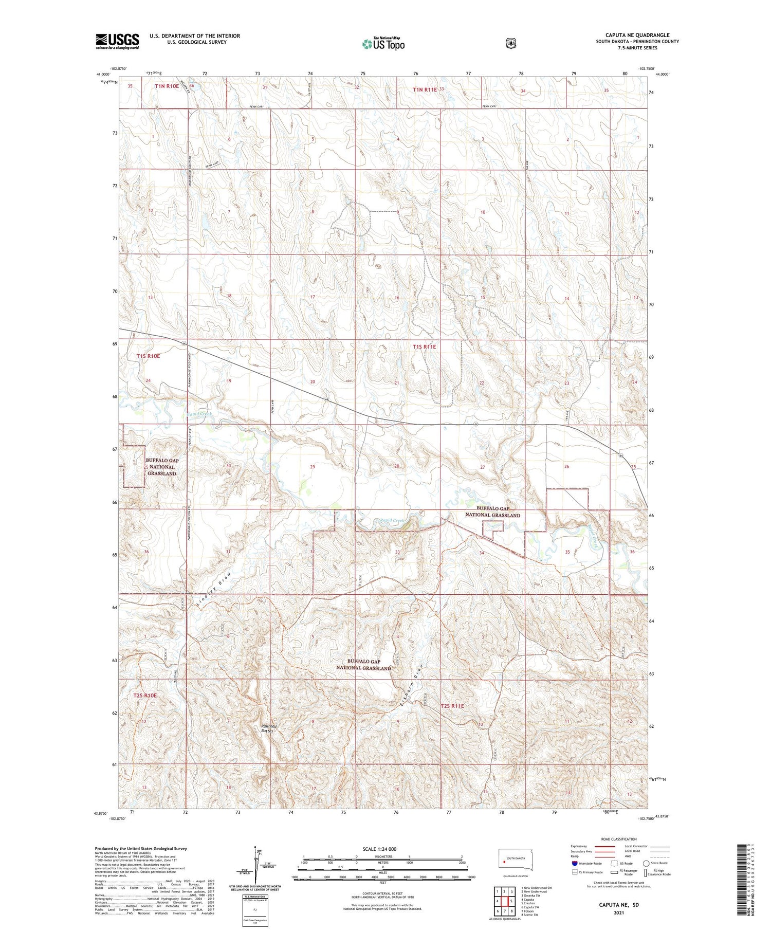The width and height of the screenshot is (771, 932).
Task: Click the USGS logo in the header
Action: [x=117, y=41]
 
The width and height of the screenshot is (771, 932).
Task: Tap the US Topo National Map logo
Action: [x=383, y=44]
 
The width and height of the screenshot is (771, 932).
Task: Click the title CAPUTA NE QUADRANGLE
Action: [x=637, y=35]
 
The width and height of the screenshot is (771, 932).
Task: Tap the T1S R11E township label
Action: [x=424, y=347]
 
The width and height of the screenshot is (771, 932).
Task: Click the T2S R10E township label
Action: [x=145, y=696]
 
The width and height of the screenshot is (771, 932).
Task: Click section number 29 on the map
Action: [x=312, y=467]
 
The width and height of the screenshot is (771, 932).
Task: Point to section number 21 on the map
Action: [x=396, y=383]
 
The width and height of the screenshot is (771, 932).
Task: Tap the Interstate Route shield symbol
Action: [x=575, y=863]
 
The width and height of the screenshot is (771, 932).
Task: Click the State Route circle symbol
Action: [x=646, y=863]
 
